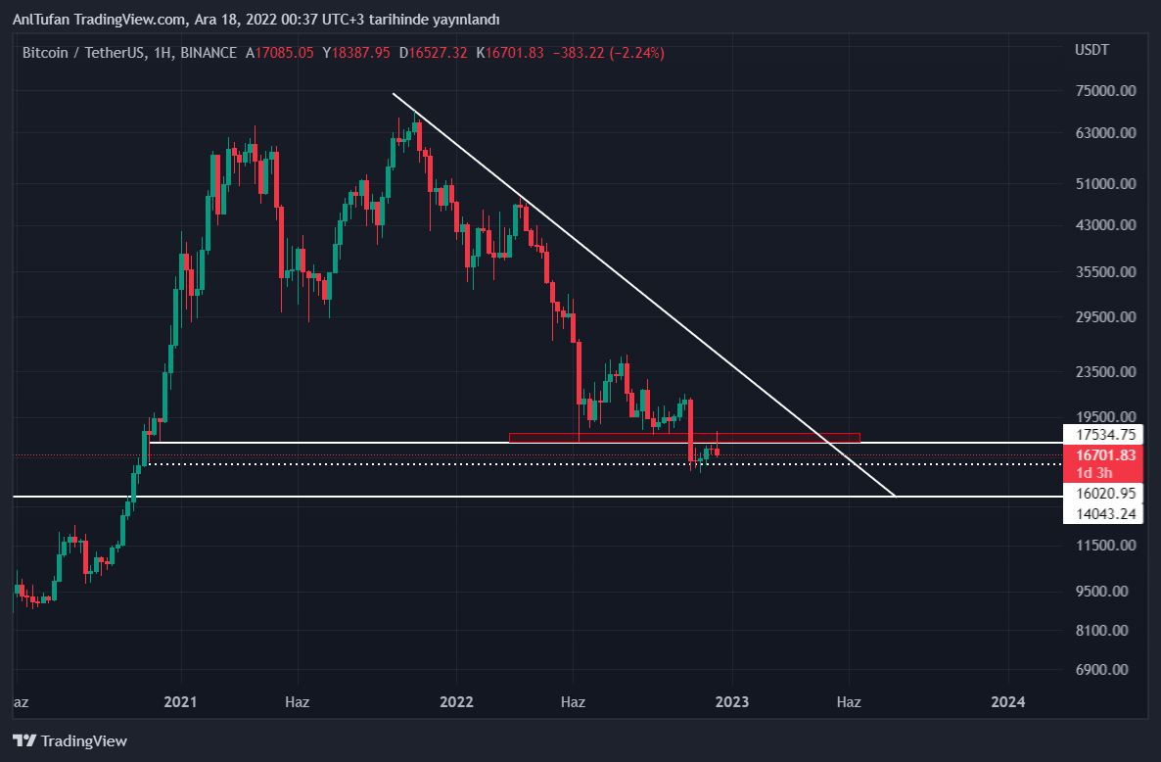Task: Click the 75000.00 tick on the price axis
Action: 1104,91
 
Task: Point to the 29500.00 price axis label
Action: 1104,317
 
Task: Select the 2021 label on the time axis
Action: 181,702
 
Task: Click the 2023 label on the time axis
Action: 732,702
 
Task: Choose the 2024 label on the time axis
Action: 1008,702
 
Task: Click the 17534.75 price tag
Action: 1105,434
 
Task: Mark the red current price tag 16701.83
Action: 1105,455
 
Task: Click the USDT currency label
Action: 1091,50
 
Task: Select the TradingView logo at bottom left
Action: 70,741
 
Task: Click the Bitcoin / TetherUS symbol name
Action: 84,53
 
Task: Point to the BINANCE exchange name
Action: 209,53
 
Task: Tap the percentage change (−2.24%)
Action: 636,53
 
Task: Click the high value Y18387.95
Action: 356,53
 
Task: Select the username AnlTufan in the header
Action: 40,20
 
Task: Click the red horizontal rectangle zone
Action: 684,437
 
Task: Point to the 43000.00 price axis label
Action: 1104,225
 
